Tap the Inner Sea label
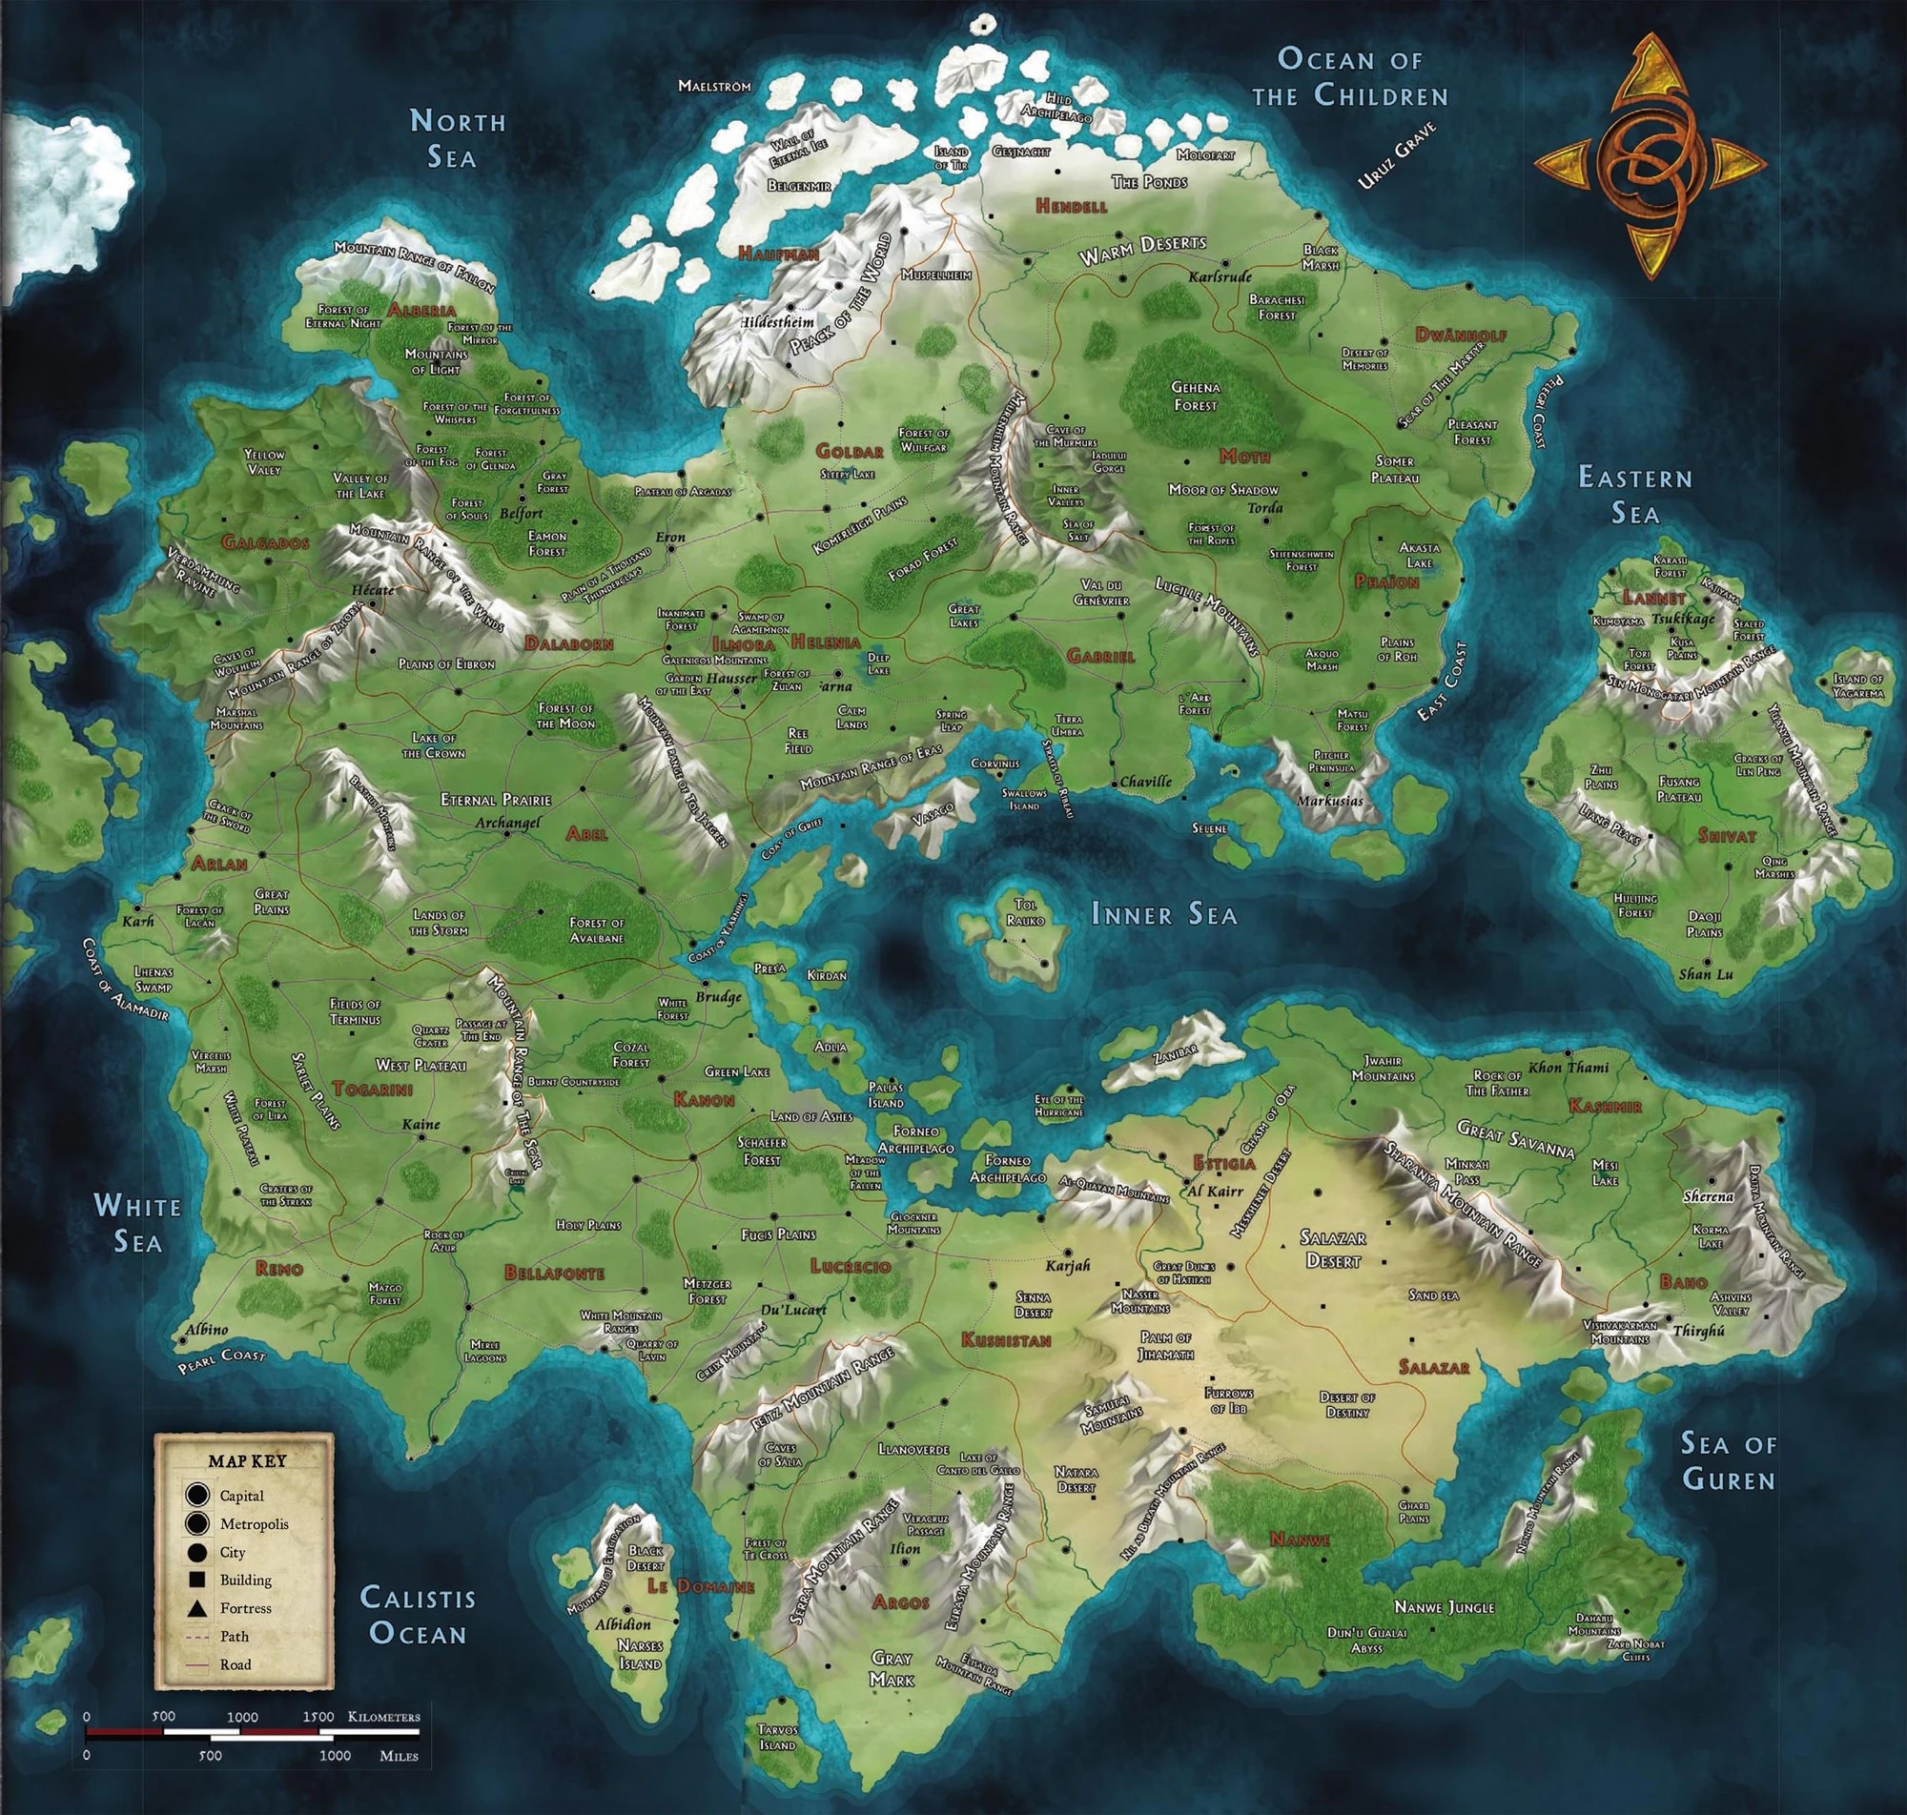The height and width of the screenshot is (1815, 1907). (x=1164, y=913)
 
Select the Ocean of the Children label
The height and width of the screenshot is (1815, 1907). (x=1351, y=77)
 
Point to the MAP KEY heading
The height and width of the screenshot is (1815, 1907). (x=247, y=1461)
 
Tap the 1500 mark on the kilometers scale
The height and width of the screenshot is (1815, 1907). (x=319, y=1717)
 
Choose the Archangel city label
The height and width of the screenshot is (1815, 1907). (x=507, y=824)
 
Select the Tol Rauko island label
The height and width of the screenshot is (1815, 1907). (x=1024, y=912)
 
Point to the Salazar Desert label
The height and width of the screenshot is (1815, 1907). (x=1333, y=1249)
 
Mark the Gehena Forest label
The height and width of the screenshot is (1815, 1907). (x=1196, y=397)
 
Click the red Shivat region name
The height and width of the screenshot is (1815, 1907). (x=1725, y=836)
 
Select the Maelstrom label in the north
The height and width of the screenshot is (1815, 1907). (x=714, y=86)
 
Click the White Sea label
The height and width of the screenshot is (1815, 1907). (x=137, y=1223)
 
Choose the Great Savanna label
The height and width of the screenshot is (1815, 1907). (x=1515, y=1138)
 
